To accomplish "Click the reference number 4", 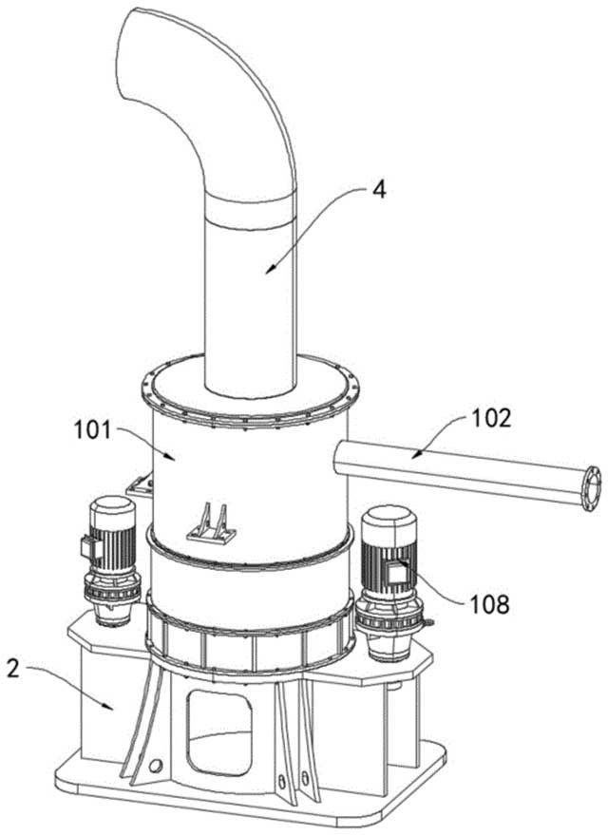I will (x=378, y=190).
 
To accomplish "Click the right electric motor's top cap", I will (x=389, y=517).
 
